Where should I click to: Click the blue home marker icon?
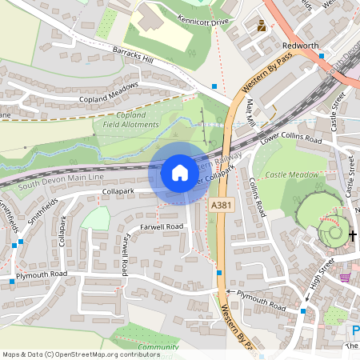179,173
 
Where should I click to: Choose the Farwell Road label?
162,226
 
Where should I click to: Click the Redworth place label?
302,46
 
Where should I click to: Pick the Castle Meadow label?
291,174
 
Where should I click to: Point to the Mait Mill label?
250,112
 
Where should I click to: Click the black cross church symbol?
353,235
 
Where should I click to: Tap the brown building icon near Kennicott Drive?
262,26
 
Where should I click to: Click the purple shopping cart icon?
345,277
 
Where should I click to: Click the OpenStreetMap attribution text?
92,354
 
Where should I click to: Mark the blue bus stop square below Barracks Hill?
214,86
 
